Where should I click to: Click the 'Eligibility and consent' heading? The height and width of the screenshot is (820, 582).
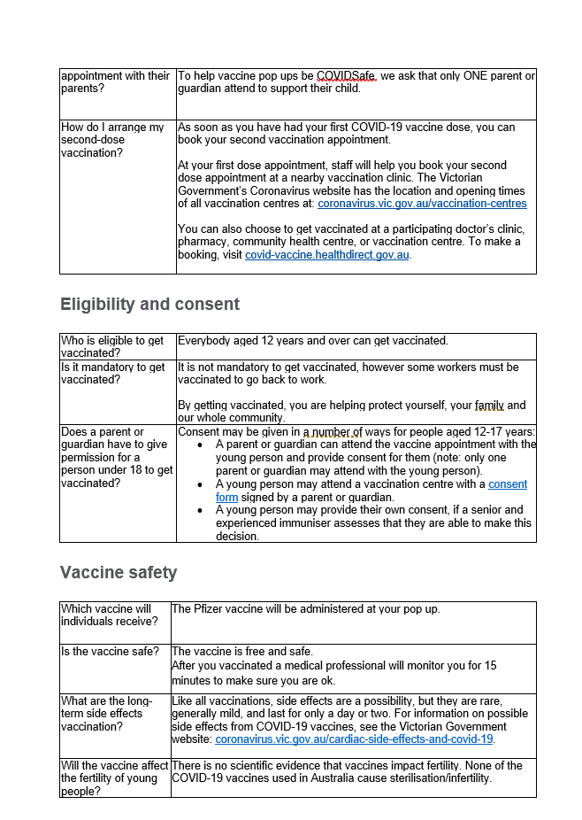coord(149,305)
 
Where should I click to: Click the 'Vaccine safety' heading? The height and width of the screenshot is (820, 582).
coord(119,573)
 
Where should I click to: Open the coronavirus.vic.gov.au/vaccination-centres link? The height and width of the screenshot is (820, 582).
coord(422,204)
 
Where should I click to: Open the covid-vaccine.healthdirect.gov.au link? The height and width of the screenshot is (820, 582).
coord(327,255)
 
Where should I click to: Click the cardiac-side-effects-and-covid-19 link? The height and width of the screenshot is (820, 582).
coord(354,739)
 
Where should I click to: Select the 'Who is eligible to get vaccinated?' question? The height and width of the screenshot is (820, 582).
coord(112,346)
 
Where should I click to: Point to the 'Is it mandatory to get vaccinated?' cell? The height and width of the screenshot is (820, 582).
coord(112,373)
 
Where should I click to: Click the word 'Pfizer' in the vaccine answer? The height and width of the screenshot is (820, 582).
coord(213,609)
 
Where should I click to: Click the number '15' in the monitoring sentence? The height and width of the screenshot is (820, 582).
coord(491,665)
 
